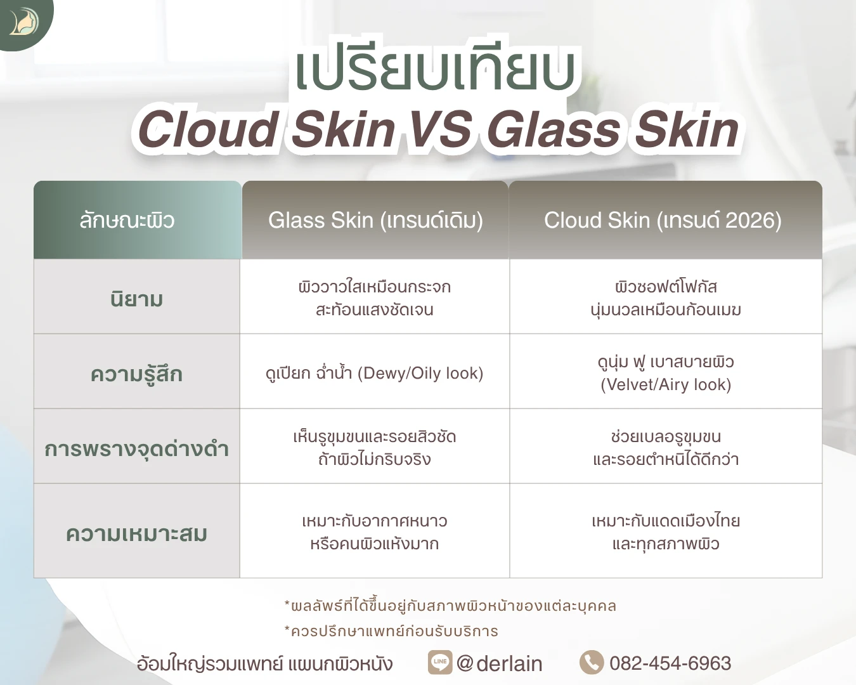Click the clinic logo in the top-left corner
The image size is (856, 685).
click(24, 22)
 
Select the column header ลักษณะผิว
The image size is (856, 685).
click(127, 220)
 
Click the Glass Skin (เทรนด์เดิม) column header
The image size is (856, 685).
click(375, 220)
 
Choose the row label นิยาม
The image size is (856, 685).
click(137, 299)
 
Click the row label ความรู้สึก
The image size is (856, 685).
click(137, 374)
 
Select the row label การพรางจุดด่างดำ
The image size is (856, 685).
click(137, 449)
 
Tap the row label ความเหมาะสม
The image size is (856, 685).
click(137, 534)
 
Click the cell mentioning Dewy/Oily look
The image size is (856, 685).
click(374, 374)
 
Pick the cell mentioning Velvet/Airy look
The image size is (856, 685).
click(666, 373)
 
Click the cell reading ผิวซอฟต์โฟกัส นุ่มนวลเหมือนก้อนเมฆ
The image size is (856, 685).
click(666, 297)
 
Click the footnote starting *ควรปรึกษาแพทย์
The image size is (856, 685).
click(391, 631)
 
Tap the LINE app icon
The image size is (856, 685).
click(440, 662)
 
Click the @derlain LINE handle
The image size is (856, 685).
click(499, 663)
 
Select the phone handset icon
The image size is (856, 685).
click(592, 662)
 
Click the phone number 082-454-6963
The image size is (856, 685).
click(670, 663)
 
